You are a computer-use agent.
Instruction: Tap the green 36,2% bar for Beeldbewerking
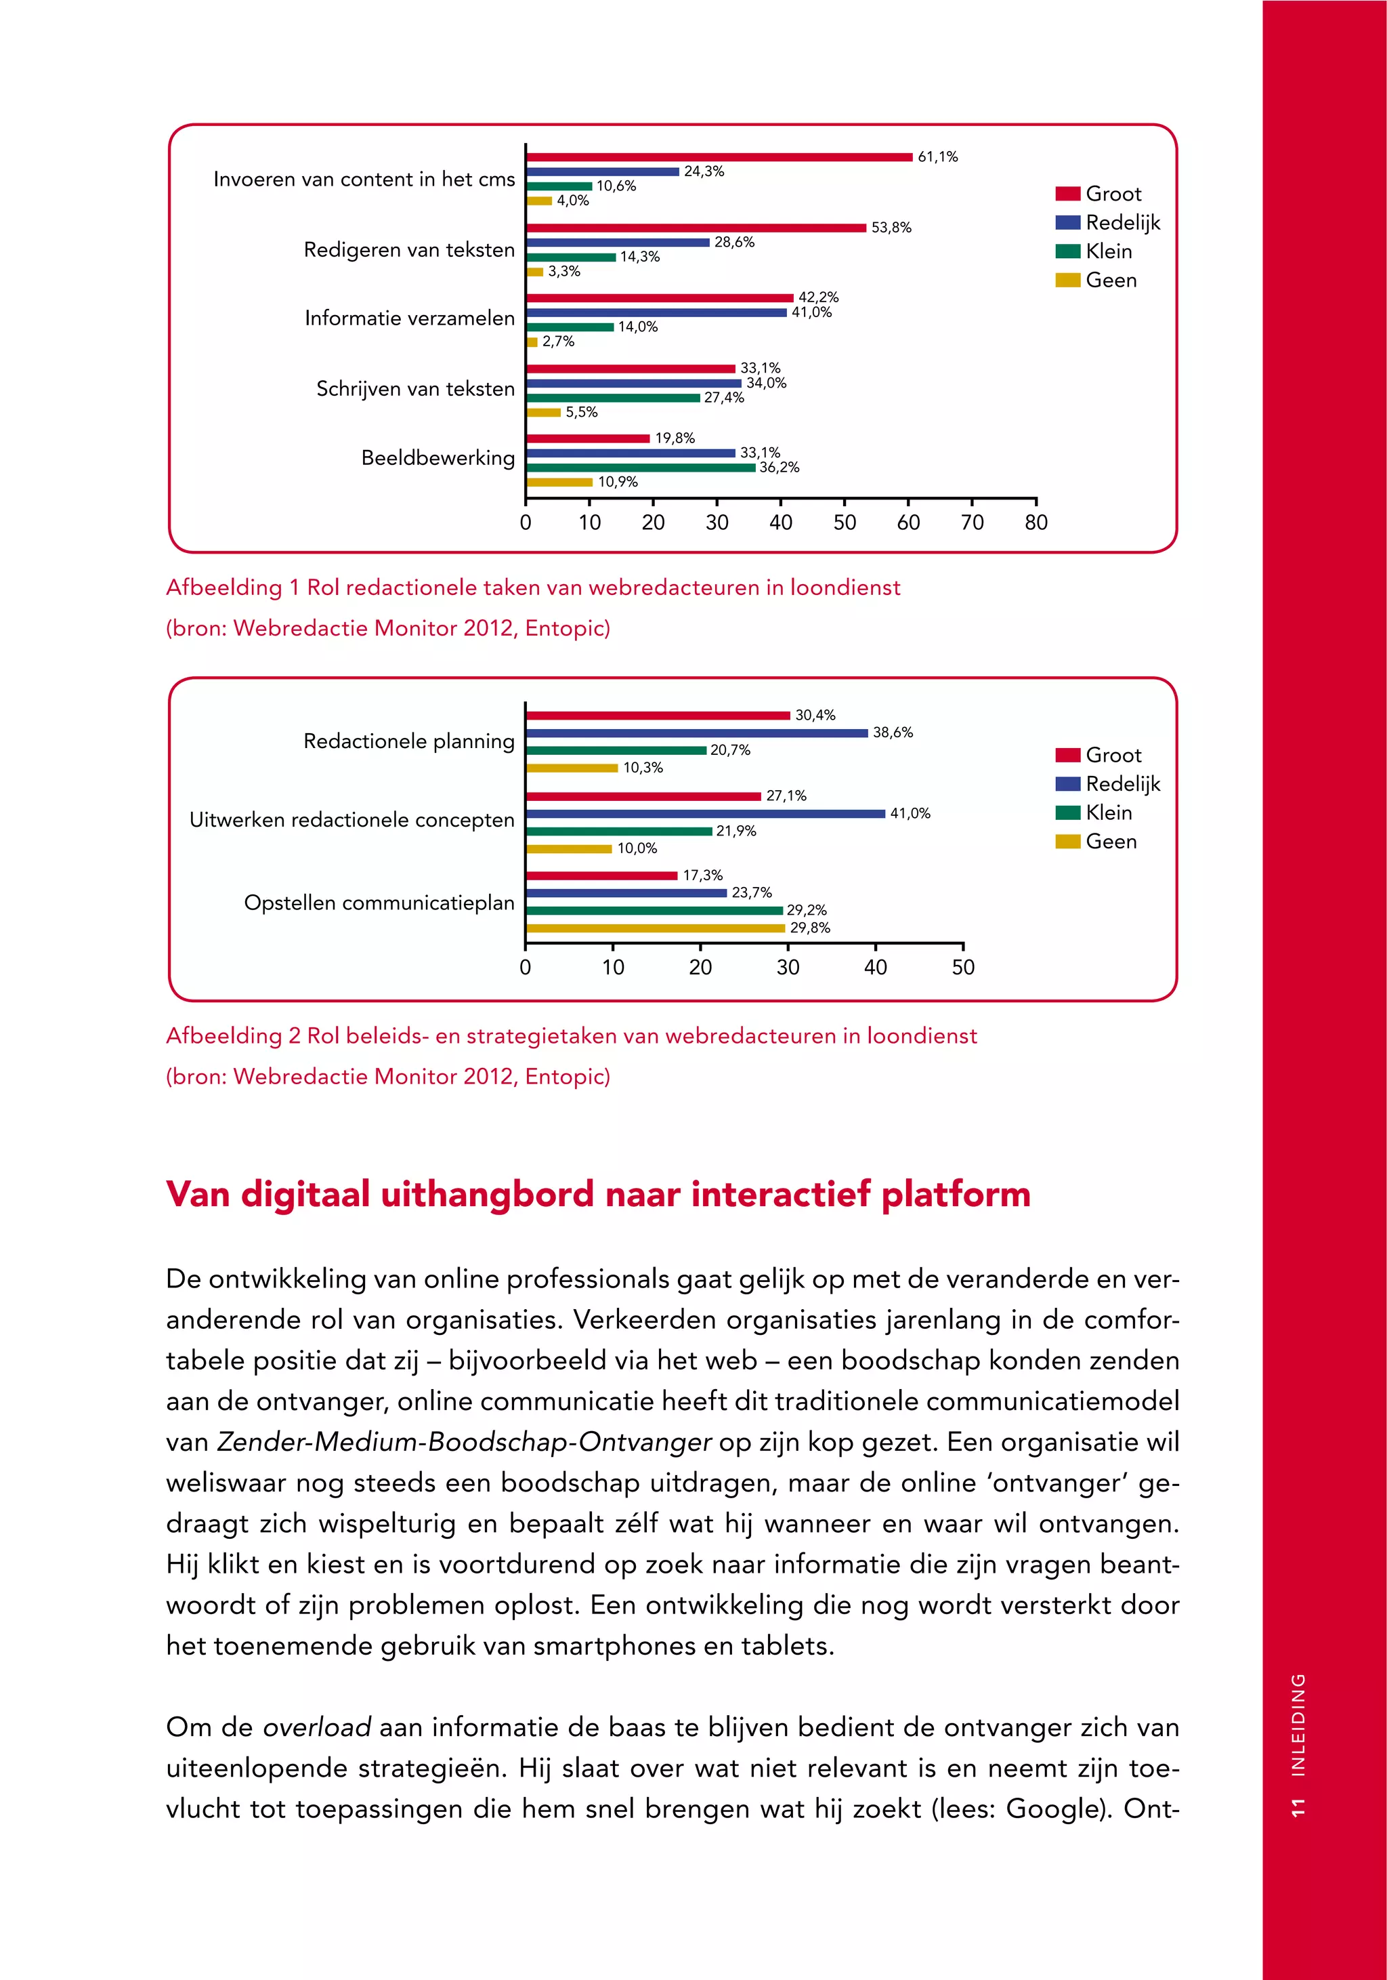641,468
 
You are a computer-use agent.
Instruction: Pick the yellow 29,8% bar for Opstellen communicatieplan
655,928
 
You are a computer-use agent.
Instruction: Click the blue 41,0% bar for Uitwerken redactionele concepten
705,813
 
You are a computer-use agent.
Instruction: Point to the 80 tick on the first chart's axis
1036,522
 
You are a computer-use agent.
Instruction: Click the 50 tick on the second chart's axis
963,968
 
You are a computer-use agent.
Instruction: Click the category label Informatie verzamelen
410,318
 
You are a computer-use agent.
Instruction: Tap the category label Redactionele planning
408,741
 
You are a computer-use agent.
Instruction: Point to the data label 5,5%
582,412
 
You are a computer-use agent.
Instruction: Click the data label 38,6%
892,732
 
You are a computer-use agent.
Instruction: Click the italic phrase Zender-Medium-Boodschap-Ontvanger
464,1441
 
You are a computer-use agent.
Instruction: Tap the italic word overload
316,1727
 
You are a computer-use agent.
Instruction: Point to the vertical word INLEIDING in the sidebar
1298,1725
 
